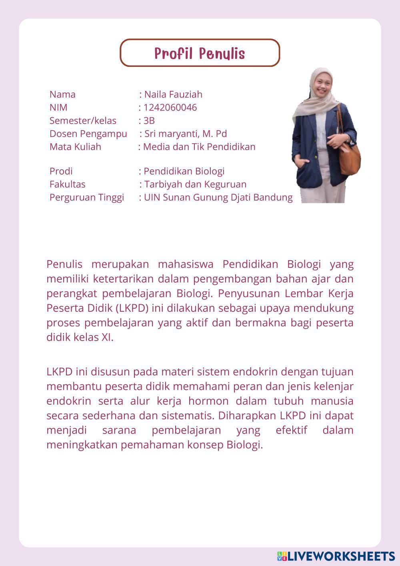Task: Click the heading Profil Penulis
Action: tap(200, 53)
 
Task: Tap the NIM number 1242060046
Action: tap(170, 107)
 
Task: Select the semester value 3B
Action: tap(149, 120)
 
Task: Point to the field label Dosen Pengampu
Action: tap(88, 134)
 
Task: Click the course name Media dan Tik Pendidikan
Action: tap(199, 147)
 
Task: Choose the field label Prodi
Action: tap(61, 171)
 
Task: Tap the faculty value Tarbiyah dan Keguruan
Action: tap(195, 184)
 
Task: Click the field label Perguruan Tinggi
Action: tap(86, 197)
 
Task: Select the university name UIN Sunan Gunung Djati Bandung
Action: tap(218, 197)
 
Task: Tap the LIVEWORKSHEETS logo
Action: tap(336, 556)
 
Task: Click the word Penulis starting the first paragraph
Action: tap(64, 264)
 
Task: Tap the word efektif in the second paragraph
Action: tap(291, 430)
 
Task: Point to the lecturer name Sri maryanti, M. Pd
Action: tap(186, 134)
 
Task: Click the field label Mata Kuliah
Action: tap(75, 147)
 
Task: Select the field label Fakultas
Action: tap(67, 184)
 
